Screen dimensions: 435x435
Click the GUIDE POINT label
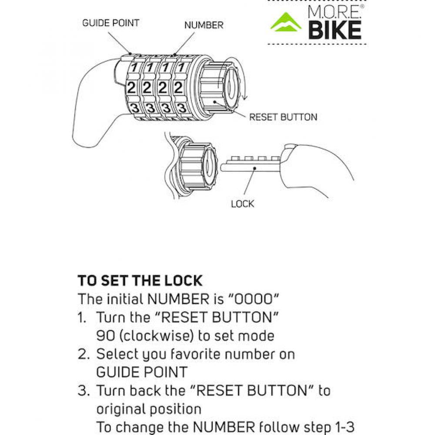pyautogui.click(x=110, y=23)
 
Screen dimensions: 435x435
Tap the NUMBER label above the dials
pyautogui.click(x=204, y=25)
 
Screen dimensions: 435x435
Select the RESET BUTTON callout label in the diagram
pyautogui.click(x=283, y=117)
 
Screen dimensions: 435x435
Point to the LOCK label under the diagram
pyautogui.click(x=242, y=204)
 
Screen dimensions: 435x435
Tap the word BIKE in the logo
pyautogui.click(x=335, y=30)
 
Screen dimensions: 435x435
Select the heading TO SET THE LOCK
pyautogui.click(x=140, y=281)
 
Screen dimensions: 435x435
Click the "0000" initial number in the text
pyautogui.click(x=253, y=299)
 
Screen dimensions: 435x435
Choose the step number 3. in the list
pyautogui.click(x=84, y=391)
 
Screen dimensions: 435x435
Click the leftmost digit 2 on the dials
pyautogui.click(x=131, y=88)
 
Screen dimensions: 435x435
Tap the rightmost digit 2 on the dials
pyautogui.click(x=178, y=88)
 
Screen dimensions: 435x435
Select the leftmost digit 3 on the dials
pyautogui.click(x=135, y=107)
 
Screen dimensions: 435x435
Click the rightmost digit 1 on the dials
pyautogui.click(x=181, y=67)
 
